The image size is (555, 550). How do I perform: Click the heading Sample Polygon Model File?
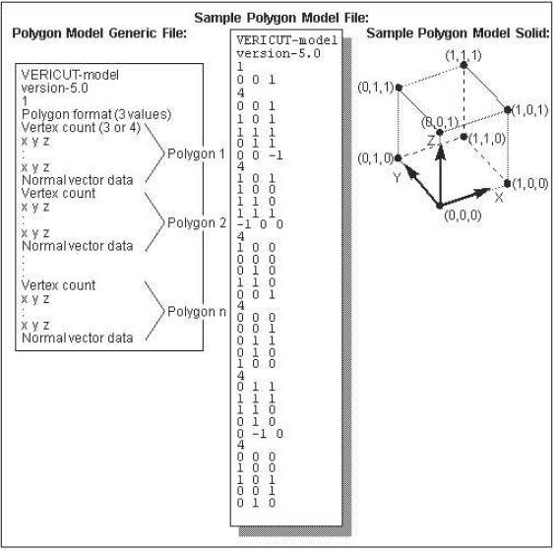[281, 18]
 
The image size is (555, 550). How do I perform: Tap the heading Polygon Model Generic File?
[99, 32]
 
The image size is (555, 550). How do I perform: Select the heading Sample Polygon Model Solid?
[458, 32]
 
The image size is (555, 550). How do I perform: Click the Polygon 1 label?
[196, 153]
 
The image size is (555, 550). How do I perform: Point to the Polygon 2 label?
[197, 222]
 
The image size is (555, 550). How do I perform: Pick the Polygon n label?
[197, 312]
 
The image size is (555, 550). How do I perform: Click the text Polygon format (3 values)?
[96, 114]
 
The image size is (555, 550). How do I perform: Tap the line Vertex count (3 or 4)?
[81, 127]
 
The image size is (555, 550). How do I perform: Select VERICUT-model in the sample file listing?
[287, 40]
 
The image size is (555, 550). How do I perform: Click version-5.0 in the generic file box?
[54, 89]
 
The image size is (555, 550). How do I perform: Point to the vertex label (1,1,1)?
[463, 55]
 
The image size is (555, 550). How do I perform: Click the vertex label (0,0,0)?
[462, 214]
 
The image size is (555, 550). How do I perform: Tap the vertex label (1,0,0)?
[530, 184]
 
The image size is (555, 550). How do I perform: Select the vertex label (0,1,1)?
[376, 87]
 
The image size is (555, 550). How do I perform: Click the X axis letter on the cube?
[499, 197]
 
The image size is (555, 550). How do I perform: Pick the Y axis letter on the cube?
[398, 178]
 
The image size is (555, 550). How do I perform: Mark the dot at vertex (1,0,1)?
[507, 110]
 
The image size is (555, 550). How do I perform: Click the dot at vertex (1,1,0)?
[463, 137]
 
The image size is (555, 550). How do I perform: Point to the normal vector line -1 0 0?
[260, 224]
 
